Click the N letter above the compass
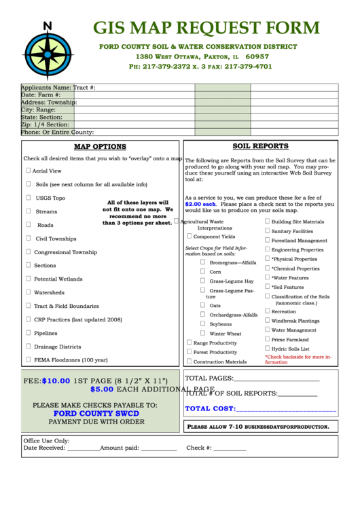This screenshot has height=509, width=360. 48,26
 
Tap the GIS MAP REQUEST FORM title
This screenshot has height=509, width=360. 206,28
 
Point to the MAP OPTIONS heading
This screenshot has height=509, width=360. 100,147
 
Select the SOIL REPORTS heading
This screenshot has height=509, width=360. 260,146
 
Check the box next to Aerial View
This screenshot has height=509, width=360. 28,171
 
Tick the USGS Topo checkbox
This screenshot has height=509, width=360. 29,198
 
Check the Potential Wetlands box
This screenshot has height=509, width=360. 28,279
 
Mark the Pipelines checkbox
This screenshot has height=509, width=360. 28,333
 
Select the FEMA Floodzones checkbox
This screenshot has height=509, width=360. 28,359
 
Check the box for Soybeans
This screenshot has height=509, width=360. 202,324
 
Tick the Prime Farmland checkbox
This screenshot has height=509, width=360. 267,339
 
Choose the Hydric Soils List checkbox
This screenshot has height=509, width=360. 267,349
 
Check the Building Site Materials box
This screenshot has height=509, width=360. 267,222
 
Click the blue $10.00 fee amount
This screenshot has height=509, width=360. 56,381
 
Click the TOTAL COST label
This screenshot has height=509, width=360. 210,408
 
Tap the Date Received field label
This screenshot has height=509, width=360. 44,448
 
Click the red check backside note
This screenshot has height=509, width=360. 298,359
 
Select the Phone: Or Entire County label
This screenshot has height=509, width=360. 57,133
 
